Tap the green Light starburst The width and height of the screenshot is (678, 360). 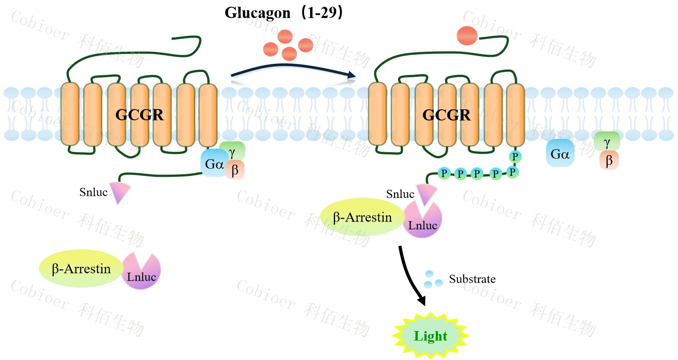(430, 336)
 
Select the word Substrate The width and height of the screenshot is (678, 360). (472, 279)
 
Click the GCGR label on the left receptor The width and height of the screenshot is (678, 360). (139, 115)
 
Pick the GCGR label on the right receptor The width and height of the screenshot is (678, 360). (446, 115)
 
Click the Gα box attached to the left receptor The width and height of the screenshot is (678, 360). (213, 164)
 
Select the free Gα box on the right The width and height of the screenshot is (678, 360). (560, 153)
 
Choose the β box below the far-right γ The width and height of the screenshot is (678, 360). (609, 160)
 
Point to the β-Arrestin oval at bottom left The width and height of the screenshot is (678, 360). (81, 269)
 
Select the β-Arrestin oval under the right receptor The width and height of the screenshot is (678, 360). (362, 217)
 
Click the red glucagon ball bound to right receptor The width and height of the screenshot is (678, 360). (467, 36)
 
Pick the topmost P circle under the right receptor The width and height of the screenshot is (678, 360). (515, 157)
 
